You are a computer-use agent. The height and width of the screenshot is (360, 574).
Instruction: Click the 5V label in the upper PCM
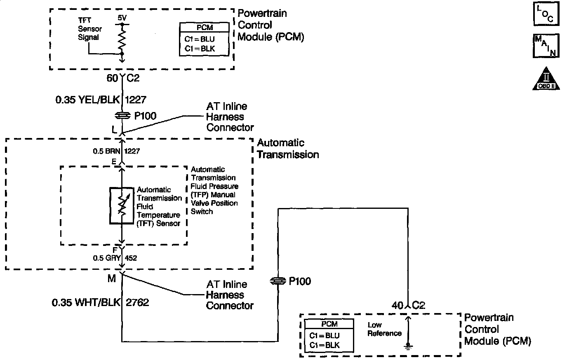[122, 19]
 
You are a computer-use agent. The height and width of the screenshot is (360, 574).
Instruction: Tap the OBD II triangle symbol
[546, 79]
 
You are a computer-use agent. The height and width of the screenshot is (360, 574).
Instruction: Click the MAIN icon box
[546, 46]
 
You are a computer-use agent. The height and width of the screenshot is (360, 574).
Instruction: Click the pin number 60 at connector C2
[113, 78]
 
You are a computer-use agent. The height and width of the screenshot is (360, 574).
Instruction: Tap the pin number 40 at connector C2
[398, 306]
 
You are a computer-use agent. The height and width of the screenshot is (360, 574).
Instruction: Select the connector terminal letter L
[114, 129]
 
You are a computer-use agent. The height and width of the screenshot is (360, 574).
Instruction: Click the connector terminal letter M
[111, 279]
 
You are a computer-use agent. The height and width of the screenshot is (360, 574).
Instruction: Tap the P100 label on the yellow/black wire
[145, 116]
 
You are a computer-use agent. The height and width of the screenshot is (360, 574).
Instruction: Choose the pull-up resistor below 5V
[122, 39]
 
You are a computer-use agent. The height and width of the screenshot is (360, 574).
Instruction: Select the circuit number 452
[131, 258]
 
